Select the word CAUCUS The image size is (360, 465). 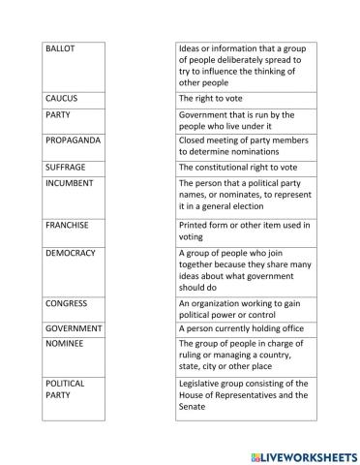62,99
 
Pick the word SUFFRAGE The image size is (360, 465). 66,167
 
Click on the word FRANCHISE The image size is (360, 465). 68,225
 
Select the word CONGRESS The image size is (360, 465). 67,303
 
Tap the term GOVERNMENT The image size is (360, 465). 74,328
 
